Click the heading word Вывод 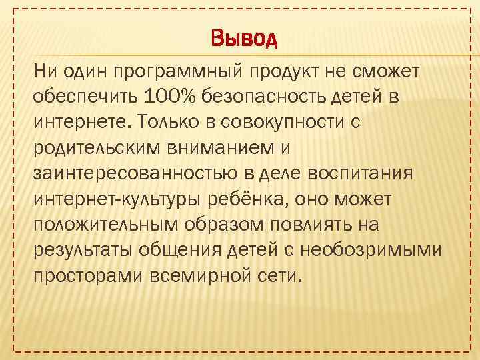pos(243,39)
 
